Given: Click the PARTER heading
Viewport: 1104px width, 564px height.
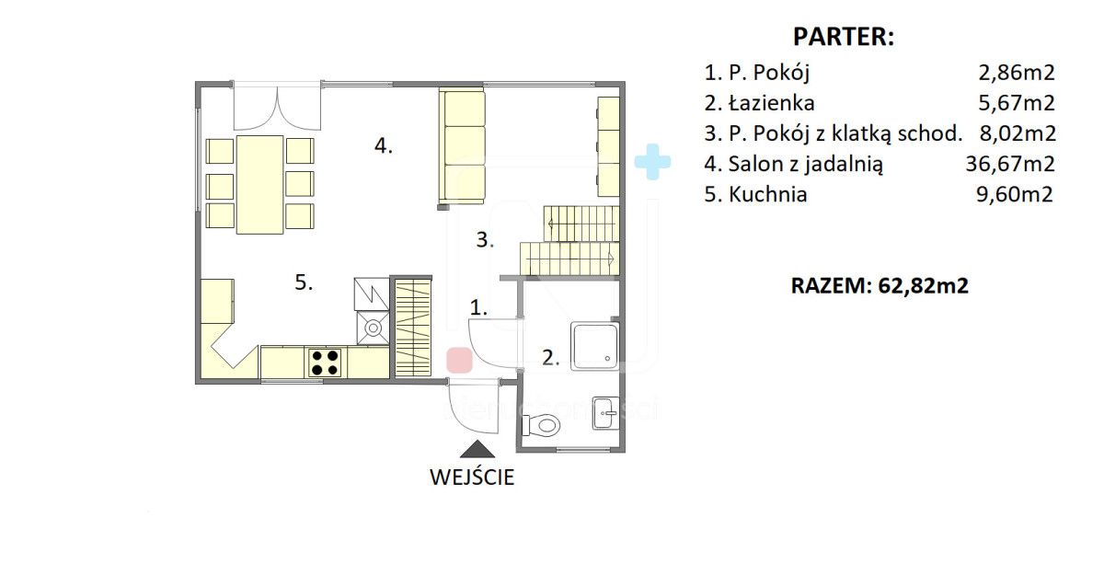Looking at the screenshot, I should point(844,38).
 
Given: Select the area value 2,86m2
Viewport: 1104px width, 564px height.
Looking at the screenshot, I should point(1018,73).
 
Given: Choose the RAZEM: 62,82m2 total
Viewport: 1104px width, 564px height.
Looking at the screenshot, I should point(880,285).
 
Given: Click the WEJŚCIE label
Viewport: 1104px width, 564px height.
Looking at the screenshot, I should point(472,478).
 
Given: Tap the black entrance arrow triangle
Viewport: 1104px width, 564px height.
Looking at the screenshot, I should point(477,448).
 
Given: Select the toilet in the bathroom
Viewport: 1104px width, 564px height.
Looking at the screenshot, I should point(542,425).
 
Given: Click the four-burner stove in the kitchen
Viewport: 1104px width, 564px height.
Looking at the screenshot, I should point(324,362).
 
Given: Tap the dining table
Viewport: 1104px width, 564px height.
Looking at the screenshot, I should point(259,183).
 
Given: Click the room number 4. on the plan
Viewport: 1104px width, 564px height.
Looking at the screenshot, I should point(384,145).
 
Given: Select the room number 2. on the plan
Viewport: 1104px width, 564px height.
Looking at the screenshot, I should point(550,358).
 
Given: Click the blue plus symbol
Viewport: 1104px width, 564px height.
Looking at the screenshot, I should point(652,161).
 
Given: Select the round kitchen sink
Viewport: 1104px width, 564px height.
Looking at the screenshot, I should point(373,327).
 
